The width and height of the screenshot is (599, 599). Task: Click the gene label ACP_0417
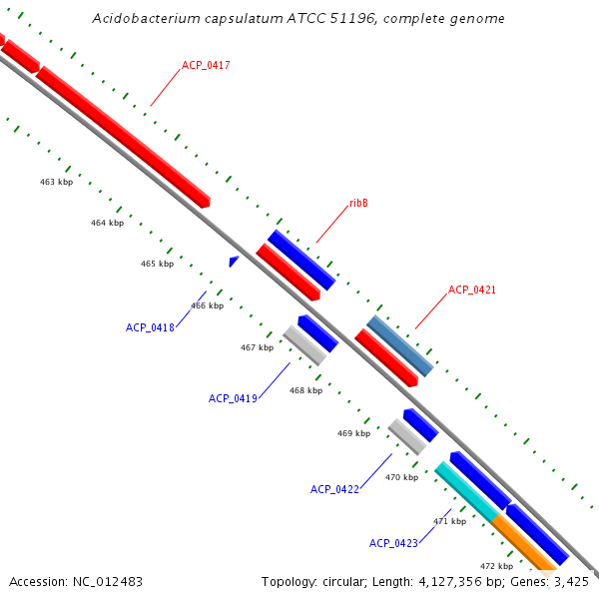[x=206, y=66]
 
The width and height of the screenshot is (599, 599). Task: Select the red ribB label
[x=358, y=203]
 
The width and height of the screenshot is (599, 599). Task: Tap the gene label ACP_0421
[x=471, y=290]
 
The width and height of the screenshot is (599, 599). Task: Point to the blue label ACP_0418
[x=150, y=327]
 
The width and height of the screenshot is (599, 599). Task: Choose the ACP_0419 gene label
[x=233, y=398]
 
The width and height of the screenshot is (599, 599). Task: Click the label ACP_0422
[x=334, y=489]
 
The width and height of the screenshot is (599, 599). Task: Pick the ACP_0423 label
[x=393, y=543]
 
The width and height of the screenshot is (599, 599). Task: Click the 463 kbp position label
[x=56, y=183]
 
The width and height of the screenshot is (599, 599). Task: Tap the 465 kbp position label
[x=157, y=264]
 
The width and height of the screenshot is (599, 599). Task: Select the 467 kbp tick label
[x=257, y=347]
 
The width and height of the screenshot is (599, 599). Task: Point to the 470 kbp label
[x=401, y=477]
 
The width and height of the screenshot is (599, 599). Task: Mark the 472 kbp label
[x=496, y=566]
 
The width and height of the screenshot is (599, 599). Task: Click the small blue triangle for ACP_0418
[x=234, y=261]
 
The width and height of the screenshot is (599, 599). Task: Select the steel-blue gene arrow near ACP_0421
[x=399, y=345]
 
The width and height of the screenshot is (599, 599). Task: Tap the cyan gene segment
[x=466, y=491]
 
